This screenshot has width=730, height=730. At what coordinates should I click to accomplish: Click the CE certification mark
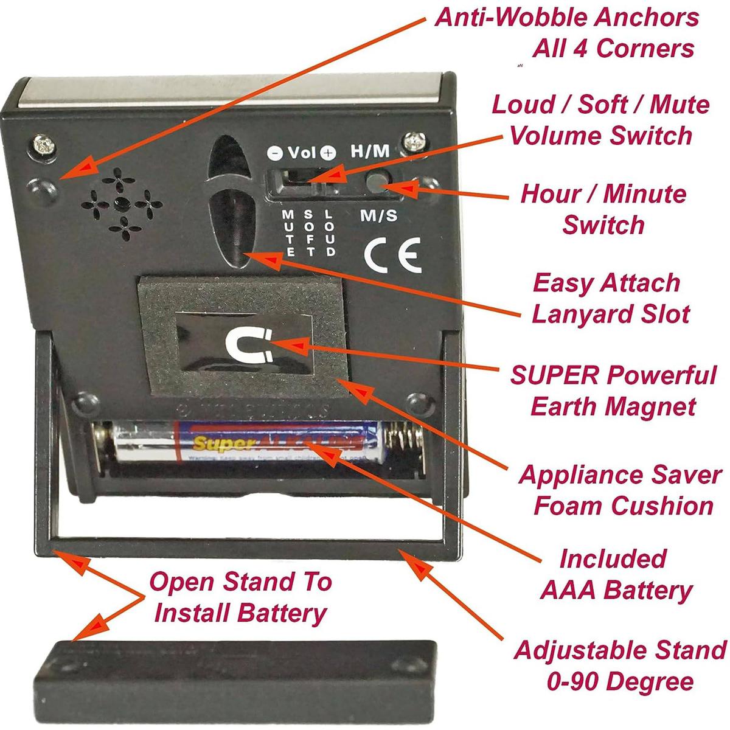click(x=392, y=257)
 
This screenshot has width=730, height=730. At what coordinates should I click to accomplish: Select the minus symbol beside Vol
click(x=275, y=153)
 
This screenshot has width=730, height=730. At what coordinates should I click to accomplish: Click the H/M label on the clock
click(x=369, y=151)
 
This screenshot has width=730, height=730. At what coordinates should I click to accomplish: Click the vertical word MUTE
click(x=290, y=233)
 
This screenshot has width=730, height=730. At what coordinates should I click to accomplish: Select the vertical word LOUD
click(x=330, y=233)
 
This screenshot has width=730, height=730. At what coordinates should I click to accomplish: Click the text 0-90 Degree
click(x=619, y=681)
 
